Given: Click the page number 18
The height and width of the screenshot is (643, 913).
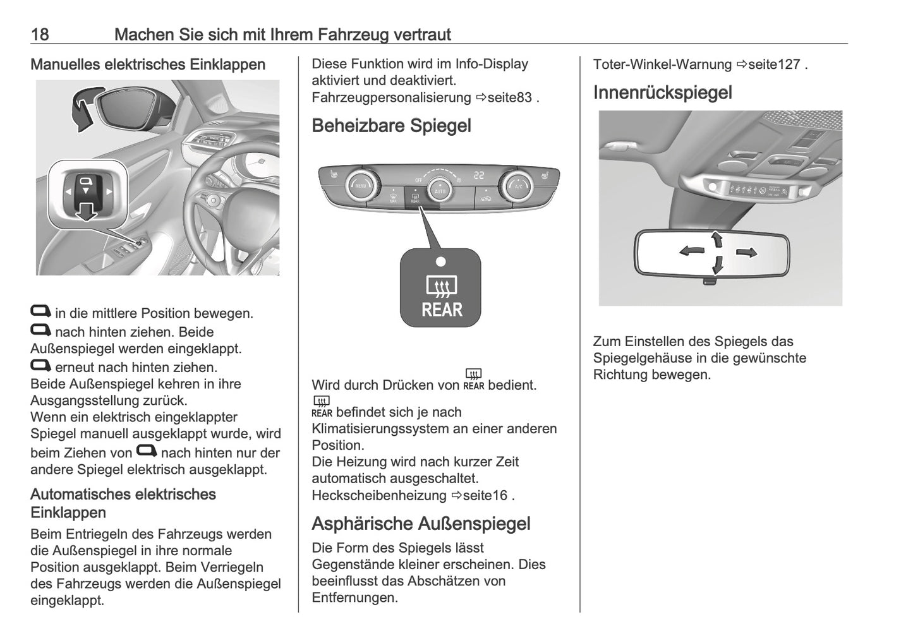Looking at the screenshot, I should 39,34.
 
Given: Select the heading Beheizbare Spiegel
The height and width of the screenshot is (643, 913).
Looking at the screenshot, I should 391,126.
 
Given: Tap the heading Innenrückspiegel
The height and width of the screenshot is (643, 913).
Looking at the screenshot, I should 662,93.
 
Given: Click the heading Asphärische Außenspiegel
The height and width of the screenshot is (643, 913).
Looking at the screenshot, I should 421,524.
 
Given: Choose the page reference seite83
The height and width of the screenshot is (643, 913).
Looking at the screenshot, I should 511,98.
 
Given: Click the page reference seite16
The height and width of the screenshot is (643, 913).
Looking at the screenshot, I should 485,495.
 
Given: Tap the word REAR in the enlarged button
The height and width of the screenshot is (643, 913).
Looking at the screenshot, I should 442,310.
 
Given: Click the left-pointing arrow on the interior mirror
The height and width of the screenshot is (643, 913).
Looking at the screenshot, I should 691,251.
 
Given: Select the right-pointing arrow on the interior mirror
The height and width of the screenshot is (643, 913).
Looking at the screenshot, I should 746,253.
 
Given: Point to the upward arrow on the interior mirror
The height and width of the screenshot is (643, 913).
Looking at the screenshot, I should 716,239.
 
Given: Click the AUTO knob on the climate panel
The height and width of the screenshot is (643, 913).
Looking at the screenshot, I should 439,188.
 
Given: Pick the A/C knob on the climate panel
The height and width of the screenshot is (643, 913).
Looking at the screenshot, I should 517,184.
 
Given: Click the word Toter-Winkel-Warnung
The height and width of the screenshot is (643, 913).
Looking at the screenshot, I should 662,64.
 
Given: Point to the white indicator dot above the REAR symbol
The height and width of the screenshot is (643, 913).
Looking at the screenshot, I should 441,261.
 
